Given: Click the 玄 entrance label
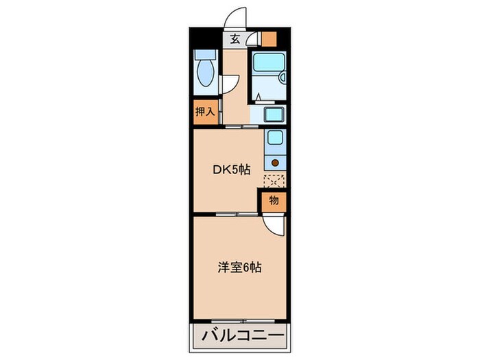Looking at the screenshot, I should pyautogui.click(x=235, y=39).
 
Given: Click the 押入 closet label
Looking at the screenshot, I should pyautogui.click(x=205, y=112).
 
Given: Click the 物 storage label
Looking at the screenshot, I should pyautogui.click(x=273, y=201).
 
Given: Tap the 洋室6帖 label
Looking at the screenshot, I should pyautogui.click(x=238, y=267).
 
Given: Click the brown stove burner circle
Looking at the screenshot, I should pyautogui.click(x=276, y=163).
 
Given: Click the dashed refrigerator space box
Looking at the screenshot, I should pyautogui.click(x=274, y=181).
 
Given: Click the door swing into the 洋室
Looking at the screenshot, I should pyautogui.click(x=273, y=225).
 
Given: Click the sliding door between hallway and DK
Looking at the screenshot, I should pyautogui.click(x=241, y=128).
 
